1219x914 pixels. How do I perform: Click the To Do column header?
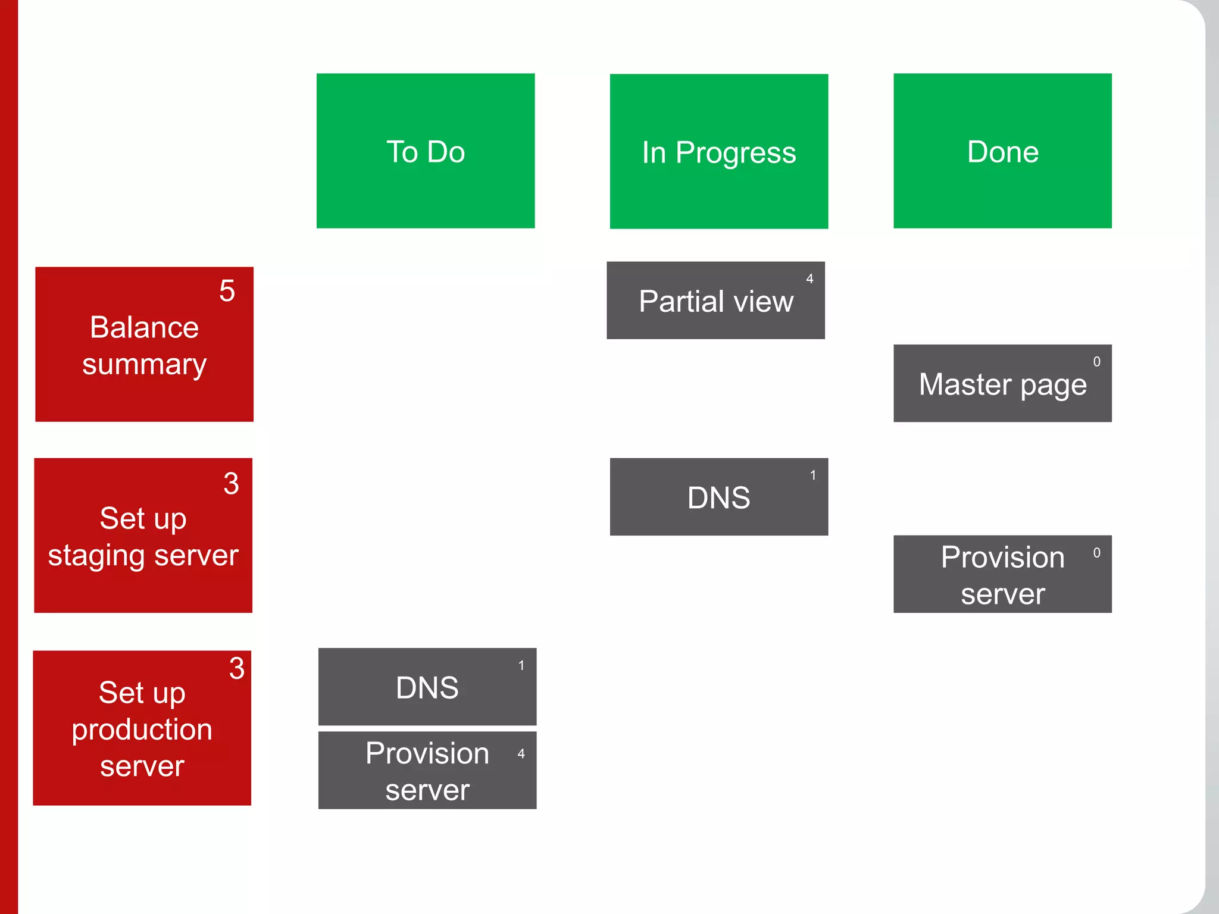[x=426, y=151]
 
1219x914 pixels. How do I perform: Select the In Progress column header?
[x=718, y=151]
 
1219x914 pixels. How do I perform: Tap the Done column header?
[x=1002, y=151]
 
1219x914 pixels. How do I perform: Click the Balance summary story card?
[x=144, y=345]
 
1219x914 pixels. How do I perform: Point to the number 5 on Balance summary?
[x=227, y=291]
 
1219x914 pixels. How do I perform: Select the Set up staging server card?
[x=143, y=536]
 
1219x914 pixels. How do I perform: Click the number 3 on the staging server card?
[x=231, y=483]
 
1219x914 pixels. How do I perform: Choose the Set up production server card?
[x=142, y=728]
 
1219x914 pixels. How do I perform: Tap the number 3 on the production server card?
[x=236, y=668]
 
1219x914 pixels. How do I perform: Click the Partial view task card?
[x=715, y=301]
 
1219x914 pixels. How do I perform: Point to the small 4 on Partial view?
[x=809, y=278]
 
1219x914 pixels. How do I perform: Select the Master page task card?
[x=1002, y=384]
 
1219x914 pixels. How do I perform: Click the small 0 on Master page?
[x=1096, y=362]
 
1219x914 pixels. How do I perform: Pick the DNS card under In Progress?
[x=718, y=497]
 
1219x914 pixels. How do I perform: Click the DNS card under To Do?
[x=427, y=687]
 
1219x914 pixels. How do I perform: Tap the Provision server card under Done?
[x=1002, y=574]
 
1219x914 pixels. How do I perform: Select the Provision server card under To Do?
[x=427, y=771]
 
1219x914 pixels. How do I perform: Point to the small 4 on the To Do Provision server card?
[x=521, y=754]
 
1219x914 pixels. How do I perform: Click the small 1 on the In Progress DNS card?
[x=812, y=475]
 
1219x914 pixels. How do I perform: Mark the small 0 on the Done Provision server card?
[x=1096, y=553]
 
